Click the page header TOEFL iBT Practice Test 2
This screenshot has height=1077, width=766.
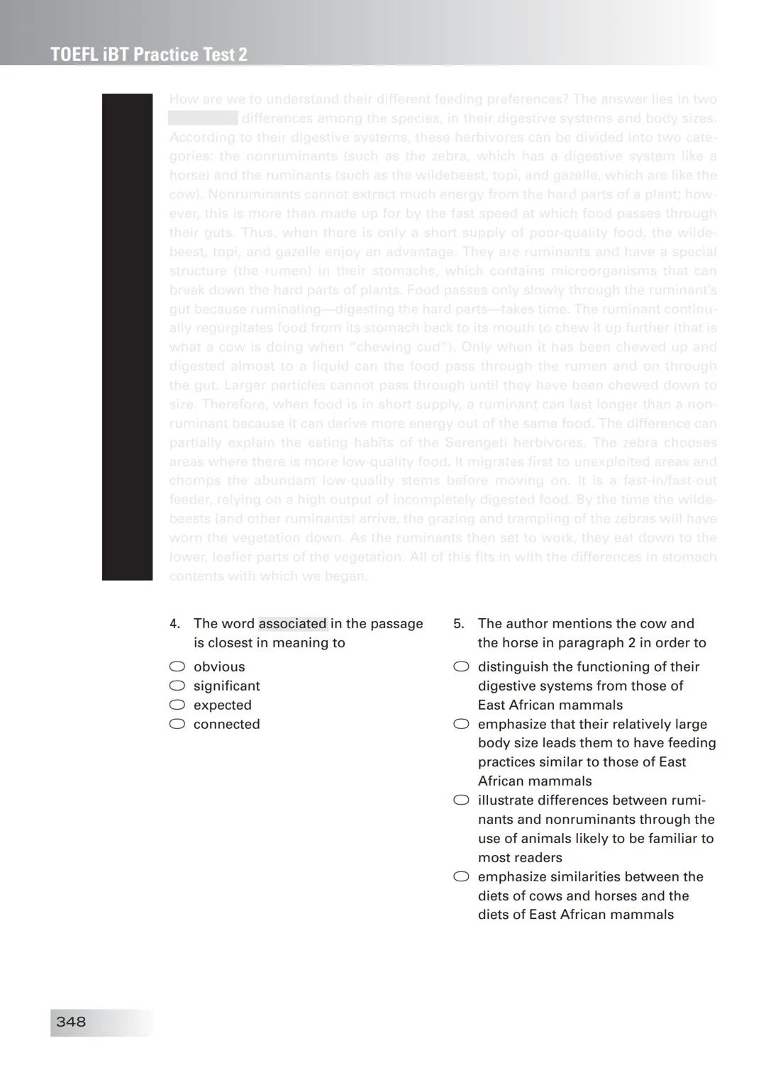pos(149,55)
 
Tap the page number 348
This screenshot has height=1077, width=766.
pos(71,1022)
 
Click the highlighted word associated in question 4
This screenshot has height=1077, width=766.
pos(292,624)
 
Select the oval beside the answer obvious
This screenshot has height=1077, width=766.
pos(177,666)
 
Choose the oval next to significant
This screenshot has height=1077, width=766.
pos(177,686)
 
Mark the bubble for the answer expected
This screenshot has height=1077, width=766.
pos(177,705)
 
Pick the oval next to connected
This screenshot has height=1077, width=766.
pos(177,724)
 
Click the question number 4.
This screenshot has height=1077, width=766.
pos(174,624)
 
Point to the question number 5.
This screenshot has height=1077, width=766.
pos(459,624)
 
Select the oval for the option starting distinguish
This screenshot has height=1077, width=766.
pos(461,666)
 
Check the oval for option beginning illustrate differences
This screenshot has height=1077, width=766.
pos(461,800)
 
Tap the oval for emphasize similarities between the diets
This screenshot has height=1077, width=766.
pos(461,876)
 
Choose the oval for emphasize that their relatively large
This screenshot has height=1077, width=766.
pos(461,724)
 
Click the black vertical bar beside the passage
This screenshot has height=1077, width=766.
pos(127,337)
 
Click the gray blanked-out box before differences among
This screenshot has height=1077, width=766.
pos(203,118)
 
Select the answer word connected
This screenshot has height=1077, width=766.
pos(226,724)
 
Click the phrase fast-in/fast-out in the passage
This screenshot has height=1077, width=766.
pos(670,481)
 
